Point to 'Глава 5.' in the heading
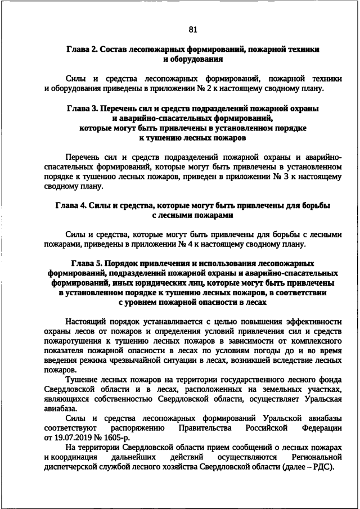(x=87, y=263)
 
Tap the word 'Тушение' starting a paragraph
(x=82, y=380)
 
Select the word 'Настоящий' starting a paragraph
(x=85, y=322)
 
